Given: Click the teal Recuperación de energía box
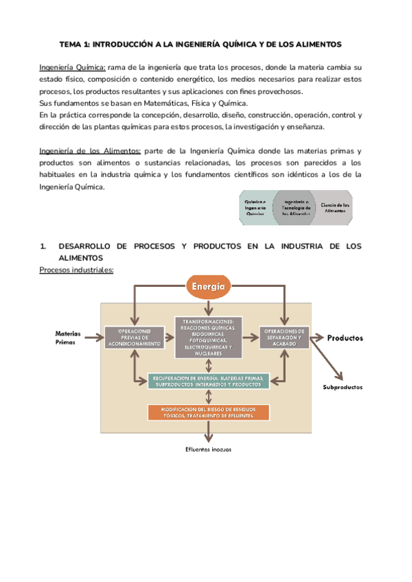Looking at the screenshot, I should (x=209, y=381).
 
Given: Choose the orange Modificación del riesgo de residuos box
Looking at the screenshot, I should (x=208, y=412).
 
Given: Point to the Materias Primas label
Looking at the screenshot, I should (x=68, y=338).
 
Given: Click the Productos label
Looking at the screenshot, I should (x=345, y=338).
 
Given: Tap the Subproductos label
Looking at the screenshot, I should (x=343, y=387).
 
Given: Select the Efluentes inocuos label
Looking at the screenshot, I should (x=208, y=450).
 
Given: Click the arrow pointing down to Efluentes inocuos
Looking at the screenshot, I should (x=208, y=432).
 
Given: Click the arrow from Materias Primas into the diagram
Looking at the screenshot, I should (x=93, y=338).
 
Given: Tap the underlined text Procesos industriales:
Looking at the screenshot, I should (x=76, y=270).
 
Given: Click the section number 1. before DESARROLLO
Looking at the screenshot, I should (x=43, y=245).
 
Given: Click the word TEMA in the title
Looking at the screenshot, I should (x=71, y=44).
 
